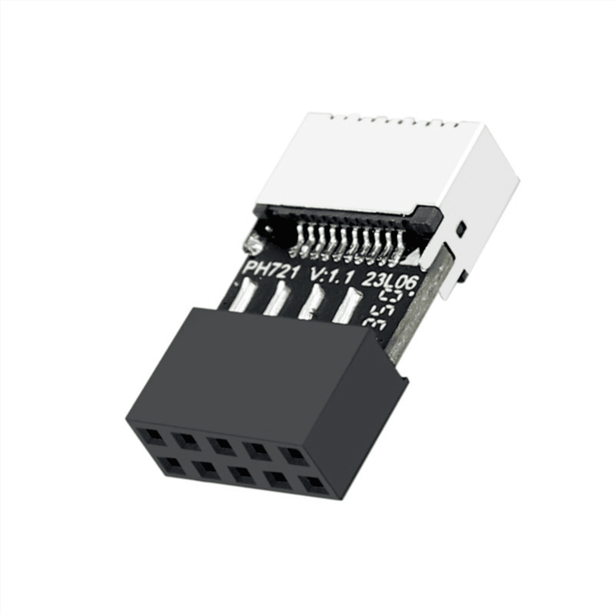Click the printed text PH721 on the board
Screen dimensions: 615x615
[x=269, y=269]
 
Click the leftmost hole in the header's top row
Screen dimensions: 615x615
[x=152, y=437]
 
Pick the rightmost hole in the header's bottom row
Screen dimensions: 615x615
[x=311, y=484]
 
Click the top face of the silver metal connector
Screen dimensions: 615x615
[x=389, y=154]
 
